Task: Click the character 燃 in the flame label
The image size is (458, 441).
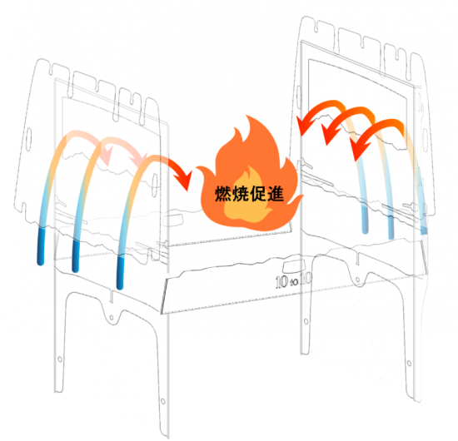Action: click(x=223, y=194)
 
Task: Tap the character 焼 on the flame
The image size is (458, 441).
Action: click(x=241, y=194)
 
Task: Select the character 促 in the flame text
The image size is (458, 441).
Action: click(x=258, y=194)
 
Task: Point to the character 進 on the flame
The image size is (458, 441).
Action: click(x=275, y=194)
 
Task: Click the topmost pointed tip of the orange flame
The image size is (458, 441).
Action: click(x=247, y=116)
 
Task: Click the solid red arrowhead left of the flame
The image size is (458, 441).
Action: click(x=183, y=181)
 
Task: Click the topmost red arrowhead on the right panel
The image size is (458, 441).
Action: click(x=304, y=126)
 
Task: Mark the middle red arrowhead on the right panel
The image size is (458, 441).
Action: click(x=330, y=135)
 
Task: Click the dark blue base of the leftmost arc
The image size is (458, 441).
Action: click(x=41, y=245)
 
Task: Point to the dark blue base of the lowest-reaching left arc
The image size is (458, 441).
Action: click(x=121, y=272)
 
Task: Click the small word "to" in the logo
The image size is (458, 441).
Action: click(x=295, y=281)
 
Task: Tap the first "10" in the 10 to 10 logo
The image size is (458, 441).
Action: click(x=281, y=281)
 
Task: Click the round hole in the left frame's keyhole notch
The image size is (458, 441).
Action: click(x=112, y=318)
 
